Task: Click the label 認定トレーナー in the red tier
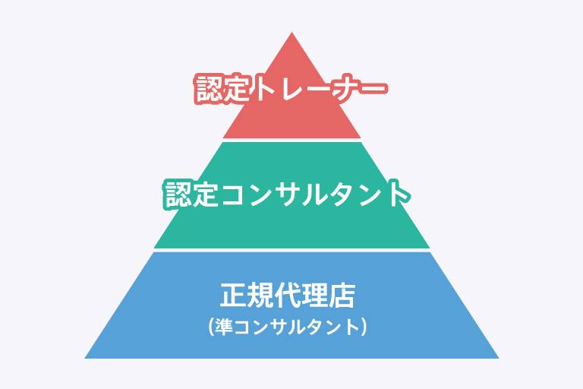291,89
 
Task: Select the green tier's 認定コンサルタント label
288,194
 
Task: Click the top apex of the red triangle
291,33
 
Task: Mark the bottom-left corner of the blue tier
86,357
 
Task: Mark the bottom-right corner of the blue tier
498,357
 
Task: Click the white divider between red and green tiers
291,141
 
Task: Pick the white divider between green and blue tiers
291,250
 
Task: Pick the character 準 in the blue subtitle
224,327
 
